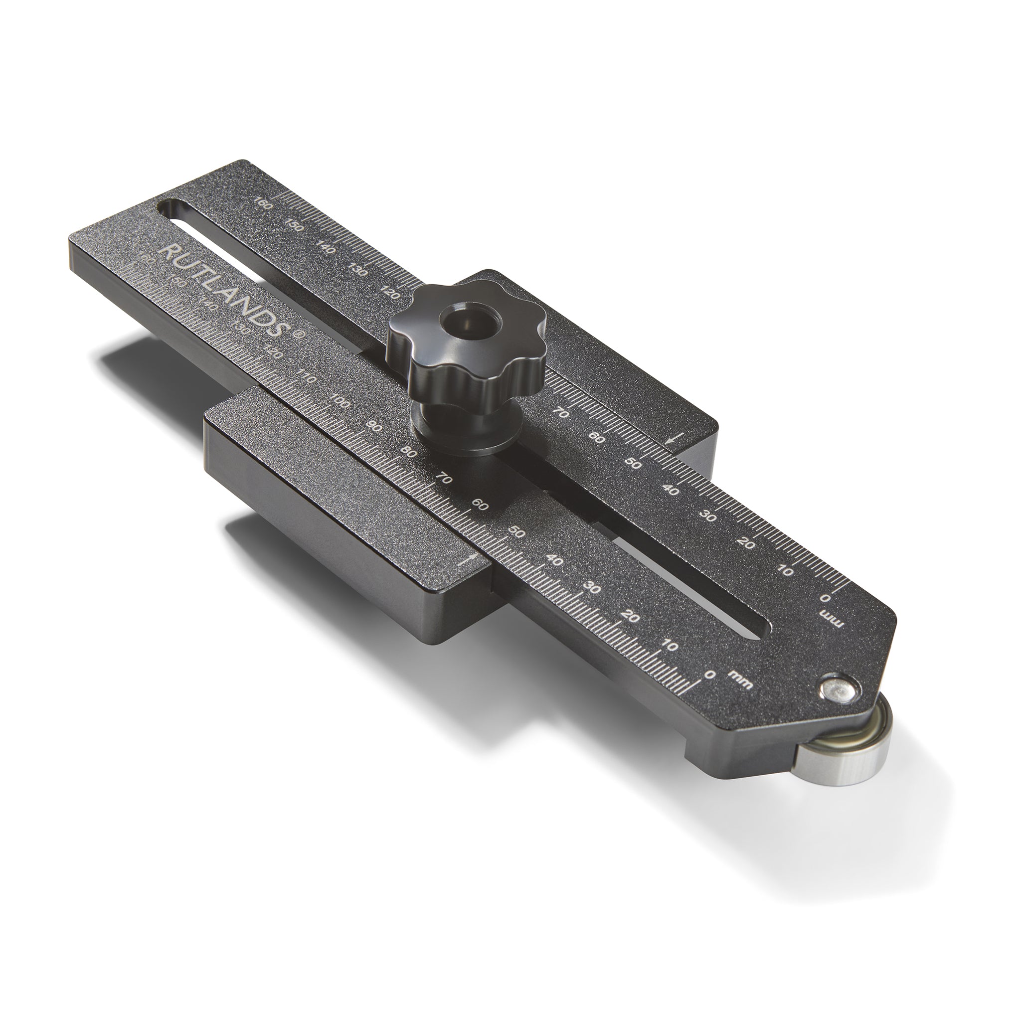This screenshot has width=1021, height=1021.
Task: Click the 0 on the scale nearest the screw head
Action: [710, 675]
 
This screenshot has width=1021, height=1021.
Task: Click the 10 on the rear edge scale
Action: [787, 571]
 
